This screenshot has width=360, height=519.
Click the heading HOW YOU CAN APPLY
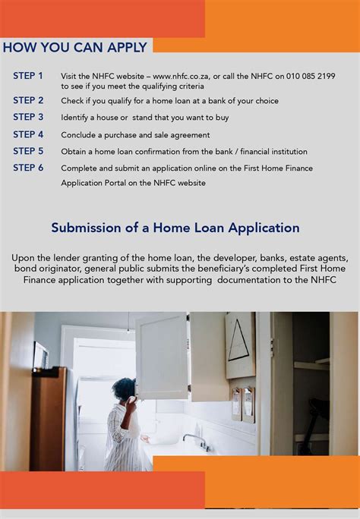[75, 47]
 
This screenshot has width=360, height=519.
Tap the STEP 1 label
[28, 76]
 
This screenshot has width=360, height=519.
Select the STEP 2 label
[28, 100]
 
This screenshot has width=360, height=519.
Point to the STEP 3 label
[28, 117]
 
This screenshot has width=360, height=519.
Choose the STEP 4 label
[28, 134]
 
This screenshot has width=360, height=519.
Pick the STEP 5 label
[28, 151]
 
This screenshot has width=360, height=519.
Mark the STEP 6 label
[28, 168]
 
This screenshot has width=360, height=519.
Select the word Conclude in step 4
[80, 135]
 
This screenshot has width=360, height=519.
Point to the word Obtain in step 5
[74, 152]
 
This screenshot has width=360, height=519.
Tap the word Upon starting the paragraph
[23, 258]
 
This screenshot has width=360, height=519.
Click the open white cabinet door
[162, 356]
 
